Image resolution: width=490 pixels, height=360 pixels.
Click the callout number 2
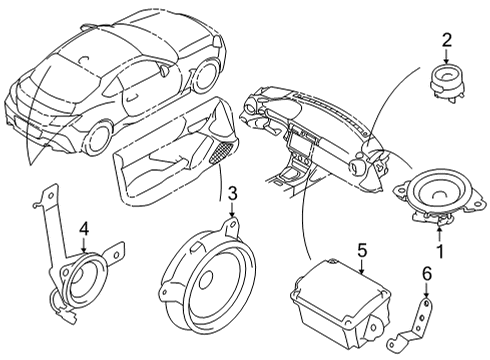(x=447, y=40)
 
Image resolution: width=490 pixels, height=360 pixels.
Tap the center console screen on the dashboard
(x=302, y=137)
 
